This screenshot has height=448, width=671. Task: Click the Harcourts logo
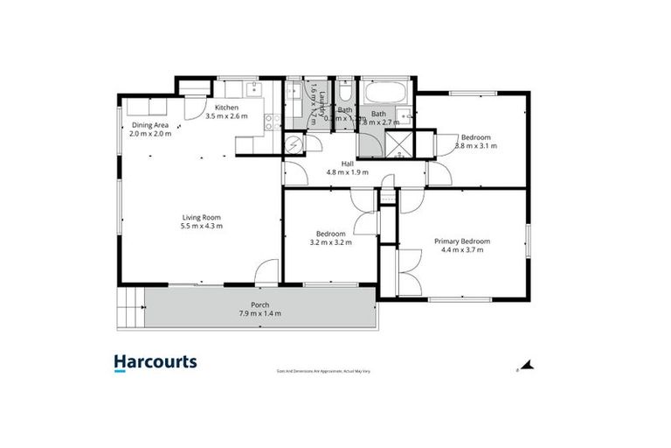(156, 362)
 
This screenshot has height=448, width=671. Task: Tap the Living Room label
(201, 218)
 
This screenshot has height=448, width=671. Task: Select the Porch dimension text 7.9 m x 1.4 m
(259, 313)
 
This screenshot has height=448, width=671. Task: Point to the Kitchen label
(227, 108)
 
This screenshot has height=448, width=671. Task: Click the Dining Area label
(149, 125)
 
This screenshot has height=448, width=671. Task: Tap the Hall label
(347, 164)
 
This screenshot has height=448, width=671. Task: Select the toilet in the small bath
(345, 94)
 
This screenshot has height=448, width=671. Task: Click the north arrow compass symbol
(527, 366)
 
